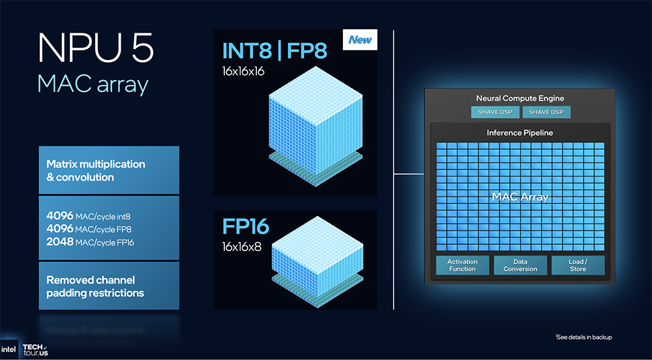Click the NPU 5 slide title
96,49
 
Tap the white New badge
360,40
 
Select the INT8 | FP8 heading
275,51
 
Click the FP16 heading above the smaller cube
246,227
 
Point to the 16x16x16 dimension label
243,72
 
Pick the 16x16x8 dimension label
242,247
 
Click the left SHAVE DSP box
496,112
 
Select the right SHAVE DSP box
546,112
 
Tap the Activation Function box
462,265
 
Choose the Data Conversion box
520,265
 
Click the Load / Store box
578,265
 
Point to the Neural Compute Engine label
520,98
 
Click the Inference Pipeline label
520,133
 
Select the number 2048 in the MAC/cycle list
60,242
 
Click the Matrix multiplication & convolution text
96,170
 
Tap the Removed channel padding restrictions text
95,286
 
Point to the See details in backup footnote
584,337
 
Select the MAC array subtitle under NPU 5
93,84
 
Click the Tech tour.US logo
35,350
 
